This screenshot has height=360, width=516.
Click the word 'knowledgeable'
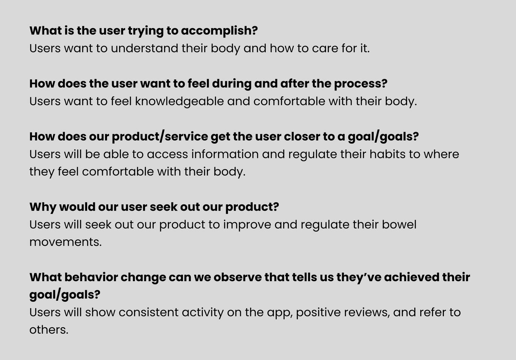[x=179, y=101]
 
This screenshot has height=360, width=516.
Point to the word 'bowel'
[x=399, y=224]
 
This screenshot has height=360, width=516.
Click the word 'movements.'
[x=65, y=242]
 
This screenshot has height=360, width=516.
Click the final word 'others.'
[x=49, y=330]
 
